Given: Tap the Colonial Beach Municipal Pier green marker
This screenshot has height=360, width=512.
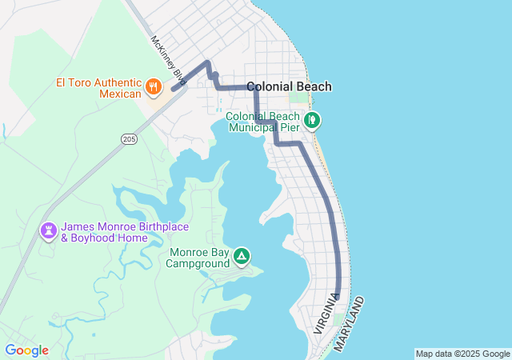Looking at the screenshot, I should coord(313,121).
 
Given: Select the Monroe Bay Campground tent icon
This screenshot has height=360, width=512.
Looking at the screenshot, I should coord(241,257).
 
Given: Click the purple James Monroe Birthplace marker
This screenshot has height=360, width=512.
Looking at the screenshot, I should coord(49,231).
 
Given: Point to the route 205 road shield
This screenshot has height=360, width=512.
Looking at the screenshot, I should coord(129,139).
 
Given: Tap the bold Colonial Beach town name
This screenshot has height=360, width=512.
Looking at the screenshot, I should coord(289,86).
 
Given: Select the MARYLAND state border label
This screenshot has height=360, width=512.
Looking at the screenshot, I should coord(350,324).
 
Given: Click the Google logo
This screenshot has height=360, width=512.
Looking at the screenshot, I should coord(26,350).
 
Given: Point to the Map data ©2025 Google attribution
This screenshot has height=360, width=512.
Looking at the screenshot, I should coord(462,354).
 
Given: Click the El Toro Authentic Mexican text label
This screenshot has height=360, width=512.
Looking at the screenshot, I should coord(98,87).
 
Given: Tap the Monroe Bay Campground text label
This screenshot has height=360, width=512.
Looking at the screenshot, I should coord(198,258).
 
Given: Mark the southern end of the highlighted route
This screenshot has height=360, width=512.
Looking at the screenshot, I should coord(338,297).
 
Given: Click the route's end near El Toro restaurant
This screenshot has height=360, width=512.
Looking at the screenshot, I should coord(173,90).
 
